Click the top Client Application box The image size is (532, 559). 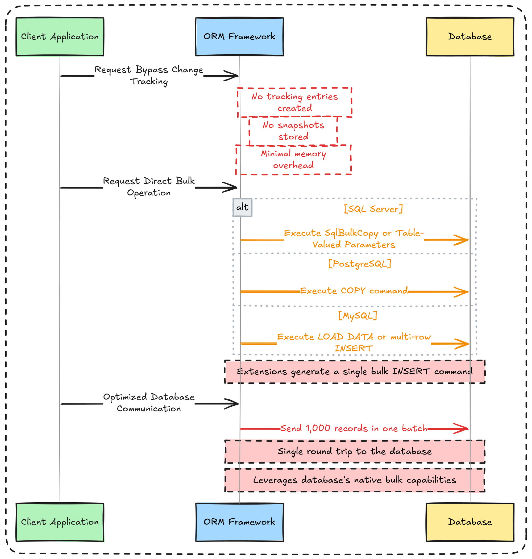coord(60,37)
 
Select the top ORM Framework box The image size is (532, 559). coord(239,37)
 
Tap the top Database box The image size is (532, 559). coord(470,37)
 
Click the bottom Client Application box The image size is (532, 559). coord(60,522)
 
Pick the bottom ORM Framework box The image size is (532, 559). coord(239,522)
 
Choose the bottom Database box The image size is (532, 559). coord(470,522)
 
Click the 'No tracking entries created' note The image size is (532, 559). coord(295,102)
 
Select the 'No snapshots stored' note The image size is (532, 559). coord(293,131)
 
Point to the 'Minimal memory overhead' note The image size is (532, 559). coord(293,160)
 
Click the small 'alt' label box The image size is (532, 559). coord(243,207)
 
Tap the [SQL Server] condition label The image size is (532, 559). coord(373,209)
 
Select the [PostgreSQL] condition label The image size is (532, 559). coord(360,264)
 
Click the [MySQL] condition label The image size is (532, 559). coord(358,315)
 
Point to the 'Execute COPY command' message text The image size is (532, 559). coord(354,291)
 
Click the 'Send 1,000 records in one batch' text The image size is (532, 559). coord(354,428)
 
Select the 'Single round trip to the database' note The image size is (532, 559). coord(355,452)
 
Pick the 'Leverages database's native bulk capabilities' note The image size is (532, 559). coord(355,480)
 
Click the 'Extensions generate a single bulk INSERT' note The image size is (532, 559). coord(355,372)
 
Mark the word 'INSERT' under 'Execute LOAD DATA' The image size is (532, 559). coord(354,348)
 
